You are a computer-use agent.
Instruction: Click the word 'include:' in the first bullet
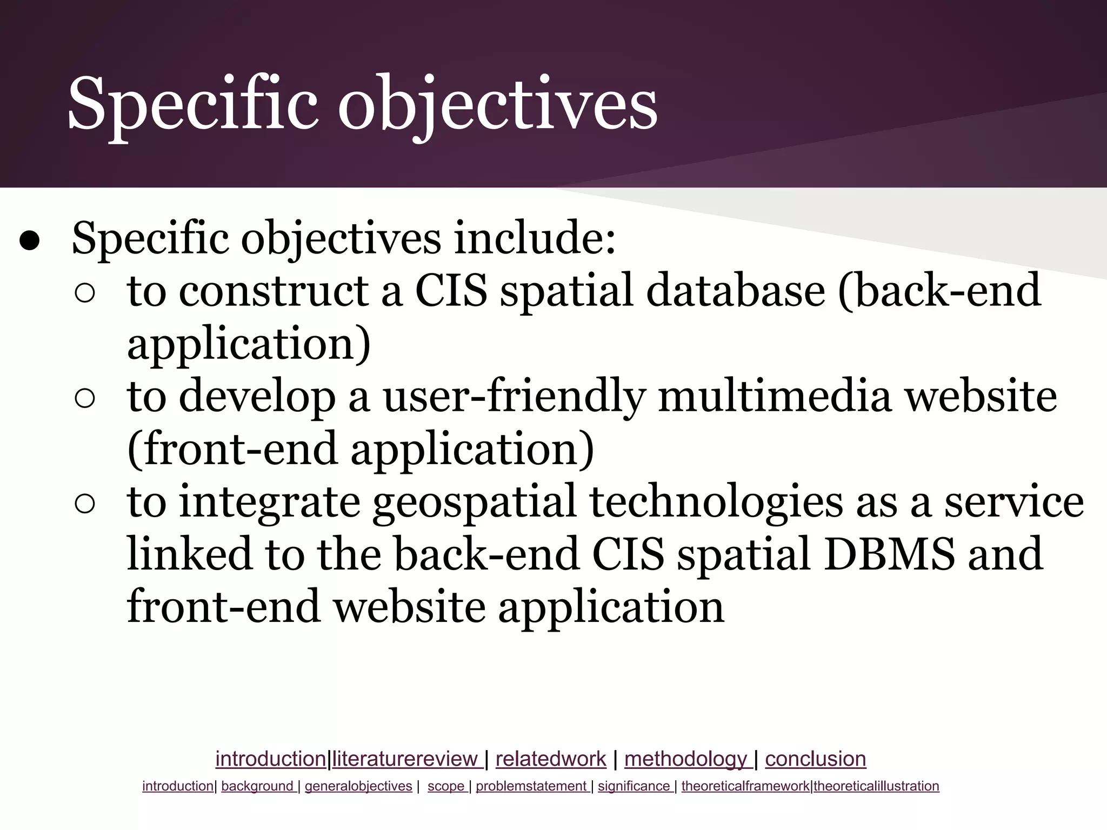[535, 238]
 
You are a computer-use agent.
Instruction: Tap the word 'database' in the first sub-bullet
[735, 291]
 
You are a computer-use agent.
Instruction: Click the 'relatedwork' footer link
[550, 759]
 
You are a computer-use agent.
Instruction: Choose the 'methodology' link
[685, 759]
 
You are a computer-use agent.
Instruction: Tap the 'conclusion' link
[815, 759]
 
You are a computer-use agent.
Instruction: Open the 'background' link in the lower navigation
[257, 786]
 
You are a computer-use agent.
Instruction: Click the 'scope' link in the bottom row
[446, 786]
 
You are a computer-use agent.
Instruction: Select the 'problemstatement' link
[531, 786]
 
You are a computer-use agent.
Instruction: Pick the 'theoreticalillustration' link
[876, 786]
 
